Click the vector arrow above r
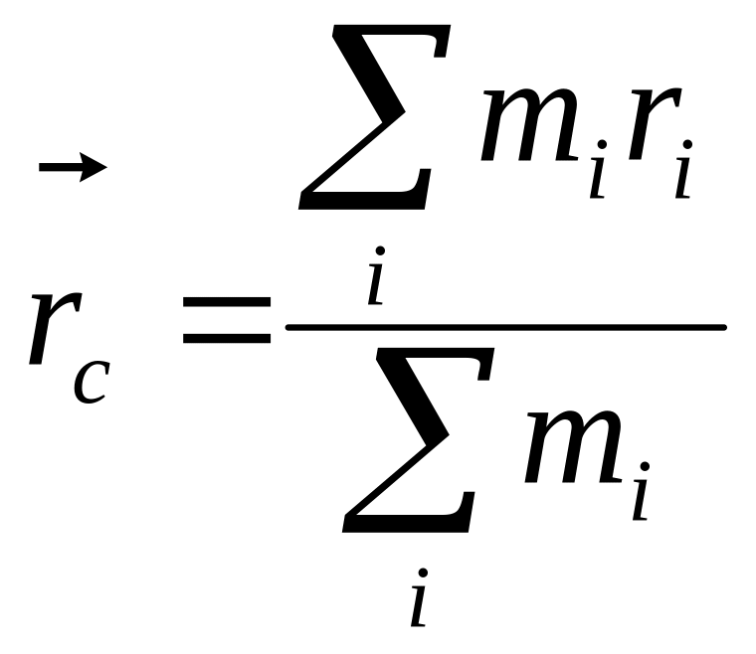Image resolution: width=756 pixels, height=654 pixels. [x=72, y=167]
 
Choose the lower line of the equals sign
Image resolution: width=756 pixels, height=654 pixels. [x=227, y=338]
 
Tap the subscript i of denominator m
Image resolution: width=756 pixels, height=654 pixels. [x=641, y=497]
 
